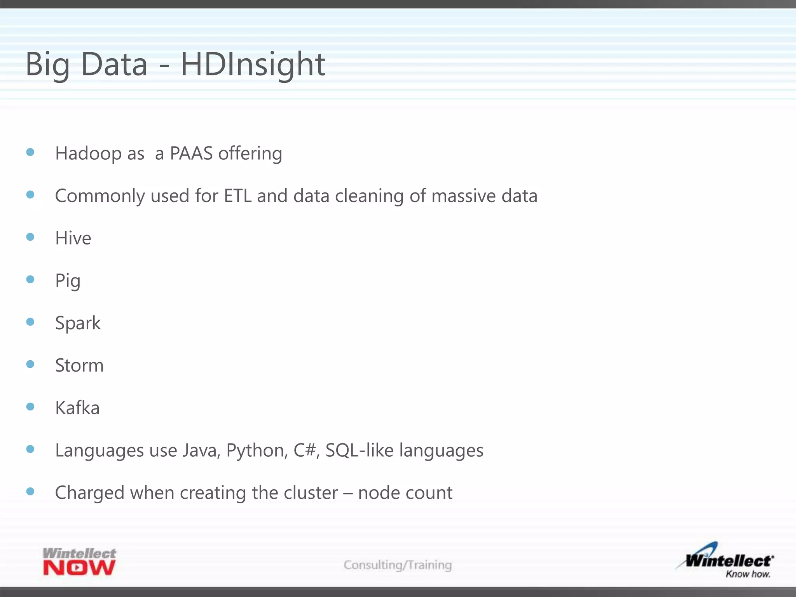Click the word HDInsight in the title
(x=253, y=65)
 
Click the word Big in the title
(x=47, y=65)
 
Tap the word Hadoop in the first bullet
(x=88, y=153)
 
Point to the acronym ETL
(x=237, y=196)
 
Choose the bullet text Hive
(x=73, y=238)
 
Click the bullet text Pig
(x=68, y=281)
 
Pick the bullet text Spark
(x=78, y=323)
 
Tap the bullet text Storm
(x=79, y=365)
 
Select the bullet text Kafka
(x=77, y=408)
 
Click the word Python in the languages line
(x=257, y=450)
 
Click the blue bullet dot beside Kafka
(x=30, y=407)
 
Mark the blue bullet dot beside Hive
(x=30, y=237)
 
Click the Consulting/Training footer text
(x=398, y=565)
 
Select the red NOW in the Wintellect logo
(x=79, y=568)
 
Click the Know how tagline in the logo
(x=747, y=574)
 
